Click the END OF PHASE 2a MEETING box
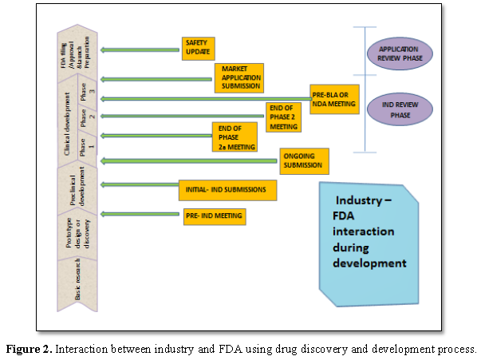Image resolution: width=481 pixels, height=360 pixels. tap(234, 136)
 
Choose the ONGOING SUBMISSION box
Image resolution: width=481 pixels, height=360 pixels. tap(303, 160)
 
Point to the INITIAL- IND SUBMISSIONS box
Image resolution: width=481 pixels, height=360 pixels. tap(227, 190)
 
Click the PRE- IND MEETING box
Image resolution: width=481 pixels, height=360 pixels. tap(213, 216)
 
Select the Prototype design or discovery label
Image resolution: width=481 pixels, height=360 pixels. tap(76, 235)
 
